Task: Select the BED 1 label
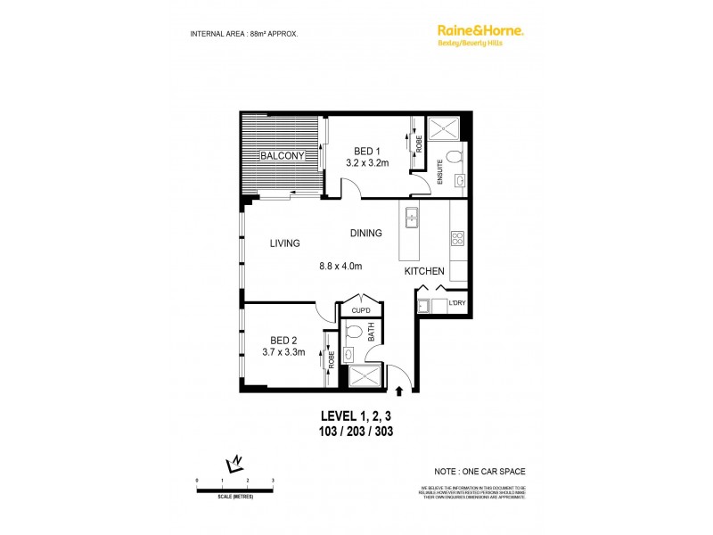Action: (362, 150)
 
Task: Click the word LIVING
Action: (283, 243)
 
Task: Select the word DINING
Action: (365, 233)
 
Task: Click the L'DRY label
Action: (457, 304)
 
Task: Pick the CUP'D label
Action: (361, 311)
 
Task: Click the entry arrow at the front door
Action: (399, 390)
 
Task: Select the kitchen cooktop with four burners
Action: (457, 238)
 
